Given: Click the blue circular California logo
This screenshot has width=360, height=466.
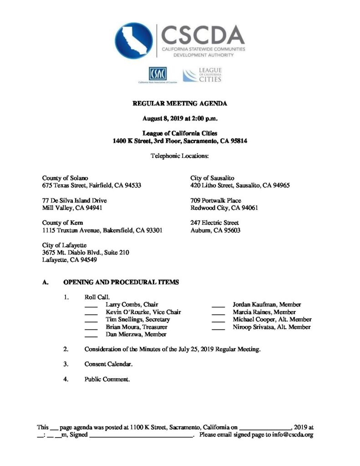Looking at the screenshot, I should point(133,41).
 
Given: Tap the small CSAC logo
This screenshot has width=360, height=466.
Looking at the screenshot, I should point(157,74).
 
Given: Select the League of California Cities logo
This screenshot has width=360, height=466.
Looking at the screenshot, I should point(202,75).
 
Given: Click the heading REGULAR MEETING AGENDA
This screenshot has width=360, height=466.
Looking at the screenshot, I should point(179,104).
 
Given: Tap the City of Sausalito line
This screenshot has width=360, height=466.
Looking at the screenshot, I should point(212,178).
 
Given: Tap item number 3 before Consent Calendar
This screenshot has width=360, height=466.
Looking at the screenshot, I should point(66,364).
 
